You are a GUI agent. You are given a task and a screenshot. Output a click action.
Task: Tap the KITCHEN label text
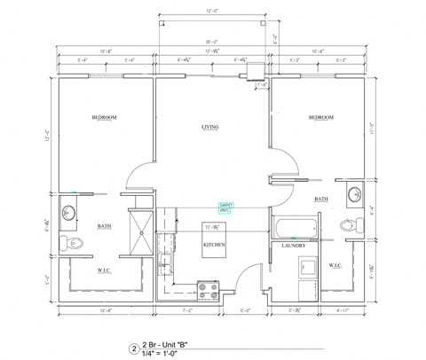214,244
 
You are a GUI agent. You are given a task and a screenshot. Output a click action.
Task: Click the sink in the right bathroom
355,195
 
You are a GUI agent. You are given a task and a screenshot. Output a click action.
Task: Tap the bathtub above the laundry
293,225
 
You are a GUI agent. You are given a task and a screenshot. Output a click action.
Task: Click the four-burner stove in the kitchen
208,287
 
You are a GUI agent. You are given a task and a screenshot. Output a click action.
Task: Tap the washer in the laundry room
307,265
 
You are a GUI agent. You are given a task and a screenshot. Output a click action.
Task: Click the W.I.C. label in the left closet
104,269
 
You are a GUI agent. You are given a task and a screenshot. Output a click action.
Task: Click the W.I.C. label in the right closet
335,265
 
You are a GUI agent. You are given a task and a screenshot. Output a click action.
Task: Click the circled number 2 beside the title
135,348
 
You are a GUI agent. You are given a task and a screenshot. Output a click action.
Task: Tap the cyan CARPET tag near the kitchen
225,206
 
